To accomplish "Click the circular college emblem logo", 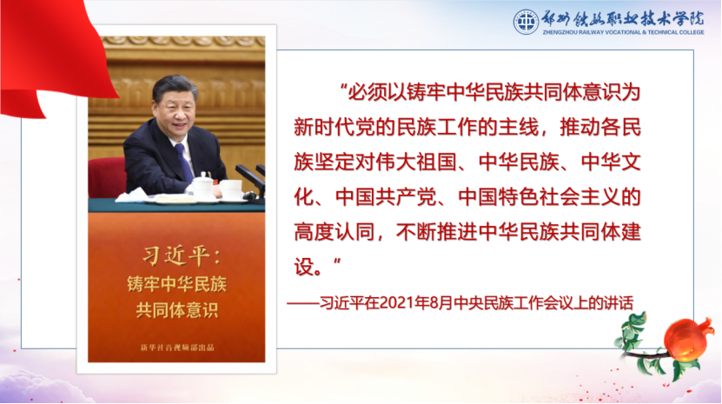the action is coord(526,21).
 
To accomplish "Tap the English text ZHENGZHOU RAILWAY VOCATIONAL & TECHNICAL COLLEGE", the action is coord(624,32).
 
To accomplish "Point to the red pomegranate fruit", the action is coord(686,340).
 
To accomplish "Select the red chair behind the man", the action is coord(107,177).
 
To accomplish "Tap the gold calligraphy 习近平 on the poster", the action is coord(176,255).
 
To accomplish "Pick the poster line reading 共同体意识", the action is coord(177,310).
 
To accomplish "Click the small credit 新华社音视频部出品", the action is coord(177,348).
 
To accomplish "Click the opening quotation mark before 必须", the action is coord(342,87).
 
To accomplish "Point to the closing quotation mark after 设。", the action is coord(337,262).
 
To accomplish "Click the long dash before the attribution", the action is coord(303,303).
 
